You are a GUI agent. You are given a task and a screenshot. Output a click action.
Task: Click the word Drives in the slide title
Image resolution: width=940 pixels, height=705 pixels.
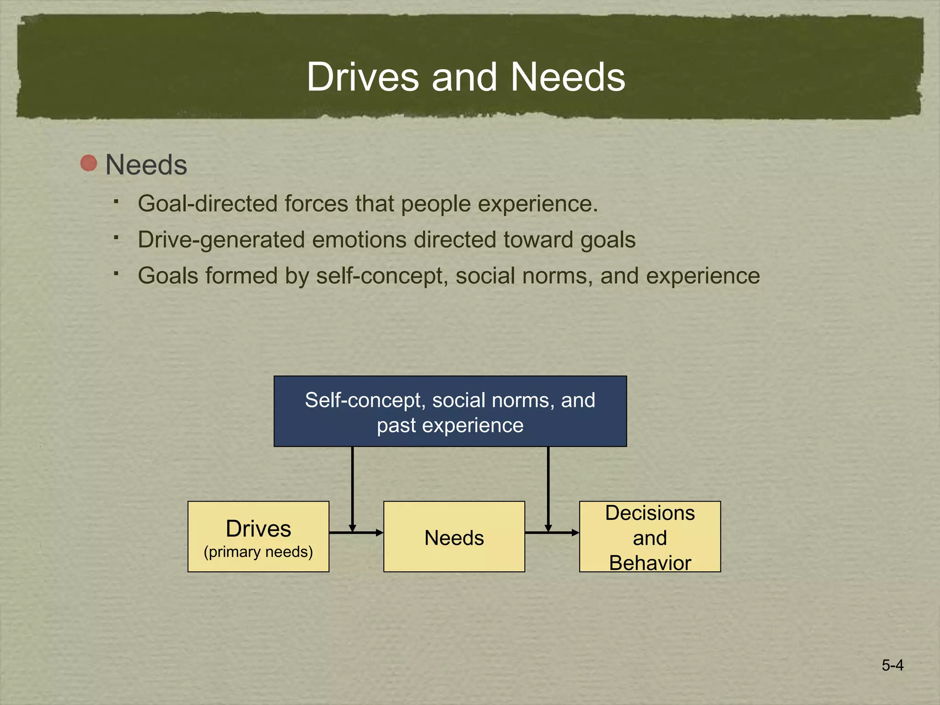(x=363, y=77)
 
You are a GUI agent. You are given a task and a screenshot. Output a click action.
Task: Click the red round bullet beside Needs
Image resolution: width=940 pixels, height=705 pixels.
(x=89, y=163)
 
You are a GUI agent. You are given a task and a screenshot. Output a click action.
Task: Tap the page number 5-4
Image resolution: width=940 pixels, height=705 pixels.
(x=892, y=665)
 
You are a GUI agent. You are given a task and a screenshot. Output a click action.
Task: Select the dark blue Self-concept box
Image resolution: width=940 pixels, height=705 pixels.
(x=450, y=411)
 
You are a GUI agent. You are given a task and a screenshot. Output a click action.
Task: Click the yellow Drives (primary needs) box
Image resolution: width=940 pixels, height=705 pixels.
(x=258, y=537)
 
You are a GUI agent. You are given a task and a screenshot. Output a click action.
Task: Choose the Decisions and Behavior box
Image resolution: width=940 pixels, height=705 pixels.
(x=649, y=537)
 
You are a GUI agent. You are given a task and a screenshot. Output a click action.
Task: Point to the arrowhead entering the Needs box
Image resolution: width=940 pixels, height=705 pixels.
(x=379, y=532)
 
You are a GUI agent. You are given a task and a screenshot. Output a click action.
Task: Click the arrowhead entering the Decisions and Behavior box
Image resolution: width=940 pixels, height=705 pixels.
(x=575, y=532)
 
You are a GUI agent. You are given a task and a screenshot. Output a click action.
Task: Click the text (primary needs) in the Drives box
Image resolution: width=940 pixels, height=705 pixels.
(x=258, y=551)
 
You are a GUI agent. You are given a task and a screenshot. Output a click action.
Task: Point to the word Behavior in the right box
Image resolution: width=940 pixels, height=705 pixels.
(x=649, y=563)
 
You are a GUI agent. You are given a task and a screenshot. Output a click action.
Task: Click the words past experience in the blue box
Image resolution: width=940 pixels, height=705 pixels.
(x=450, y=425)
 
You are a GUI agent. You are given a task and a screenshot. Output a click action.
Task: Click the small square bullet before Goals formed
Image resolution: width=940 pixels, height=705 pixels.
(x=117, y=274)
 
